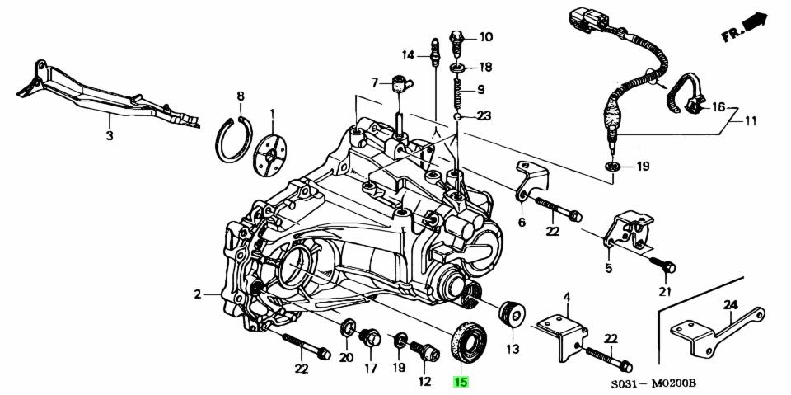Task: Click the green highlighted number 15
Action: point(461,382)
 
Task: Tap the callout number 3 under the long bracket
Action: point(109,135)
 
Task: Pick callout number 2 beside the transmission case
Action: point(198,294)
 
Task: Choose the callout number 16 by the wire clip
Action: point(718,107)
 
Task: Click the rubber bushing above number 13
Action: point(513,313)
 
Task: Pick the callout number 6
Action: point(521,222)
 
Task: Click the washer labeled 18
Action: point(460,67)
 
